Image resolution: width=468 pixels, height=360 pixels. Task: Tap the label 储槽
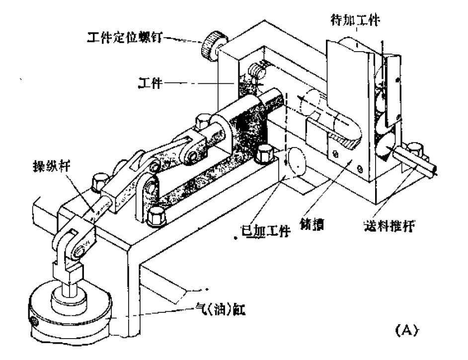314,224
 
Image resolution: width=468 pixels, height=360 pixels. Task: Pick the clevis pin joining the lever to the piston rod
78,252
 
